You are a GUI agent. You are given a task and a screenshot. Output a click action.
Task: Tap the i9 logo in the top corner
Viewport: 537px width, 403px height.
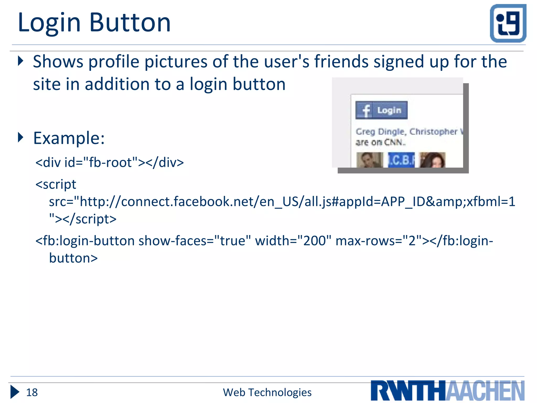pyautogui.click(x=508, y=23)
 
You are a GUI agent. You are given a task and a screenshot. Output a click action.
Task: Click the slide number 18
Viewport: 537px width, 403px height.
pyautogui.click(x=32, y=393)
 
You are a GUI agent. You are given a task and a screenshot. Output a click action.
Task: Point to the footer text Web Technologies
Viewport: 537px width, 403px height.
pyautogui.click(x=267, y=393)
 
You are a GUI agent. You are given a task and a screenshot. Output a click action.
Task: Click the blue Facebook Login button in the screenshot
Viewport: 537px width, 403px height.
pyautogui.click(x=381, y=110)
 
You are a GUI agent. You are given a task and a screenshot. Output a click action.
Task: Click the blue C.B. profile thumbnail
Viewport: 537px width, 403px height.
pyautogui.click(x=401, y=160)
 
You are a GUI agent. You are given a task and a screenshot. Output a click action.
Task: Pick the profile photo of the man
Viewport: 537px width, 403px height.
pyautogui.click(x=369, y=160)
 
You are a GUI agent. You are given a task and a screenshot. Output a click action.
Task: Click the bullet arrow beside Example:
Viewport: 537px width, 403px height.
pyautogui.click(x=20, y=137)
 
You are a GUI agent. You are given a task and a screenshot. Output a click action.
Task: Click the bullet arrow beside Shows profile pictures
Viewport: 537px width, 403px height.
pyautogui.click(x=20, y=61)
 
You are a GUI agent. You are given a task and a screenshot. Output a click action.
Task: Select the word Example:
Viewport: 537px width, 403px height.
pyautogui.click(x=69, y=138)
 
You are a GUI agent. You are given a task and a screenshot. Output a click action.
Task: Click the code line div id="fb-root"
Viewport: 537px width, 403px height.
pyautogui.click(x=110, y=162)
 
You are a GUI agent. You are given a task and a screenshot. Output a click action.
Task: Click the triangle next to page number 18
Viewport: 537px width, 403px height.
pyautogui.click(x=15, y=392)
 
